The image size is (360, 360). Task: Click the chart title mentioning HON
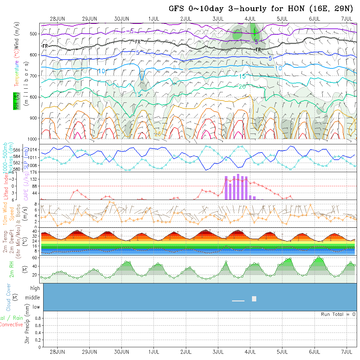(x=261, y=9)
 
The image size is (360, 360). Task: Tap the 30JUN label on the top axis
(x=122, y=19)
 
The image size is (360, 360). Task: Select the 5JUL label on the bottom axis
(x=282, y=352)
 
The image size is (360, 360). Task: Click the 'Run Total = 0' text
(x=338, y=314)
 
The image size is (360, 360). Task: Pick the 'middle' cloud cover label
(x=32, y=297)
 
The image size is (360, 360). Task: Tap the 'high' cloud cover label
(x=35, y=288)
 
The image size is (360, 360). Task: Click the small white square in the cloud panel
(x=254, y=298)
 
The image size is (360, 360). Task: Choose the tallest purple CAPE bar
(x=238, y=187)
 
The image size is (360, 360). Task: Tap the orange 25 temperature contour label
(x=158, y=134)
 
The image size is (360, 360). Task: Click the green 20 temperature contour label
(x=242, y=87)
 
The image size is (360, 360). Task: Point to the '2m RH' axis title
(x=12, y=269)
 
